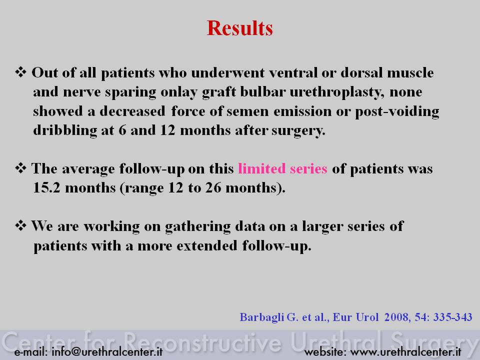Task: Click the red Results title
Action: (x=239, y=28)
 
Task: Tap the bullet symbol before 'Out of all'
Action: (x=21, y=72)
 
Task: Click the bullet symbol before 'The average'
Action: (x=21, y=168)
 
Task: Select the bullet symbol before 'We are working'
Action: (x=21, y=226)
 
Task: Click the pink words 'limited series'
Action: (x=282, y=168)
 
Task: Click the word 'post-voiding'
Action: (x=397, y=111)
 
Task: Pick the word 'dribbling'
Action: (x=65, y=130)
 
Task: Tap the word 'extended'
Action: (x=207, y=245)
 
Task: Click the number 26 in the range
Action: (x=213, y=187)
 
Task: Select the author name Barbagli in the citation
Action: (x=262, y=317)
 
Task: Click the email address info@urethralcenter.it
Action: (x=107, y=351)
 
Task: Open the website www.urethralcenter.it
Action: (x=405, y=351)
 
